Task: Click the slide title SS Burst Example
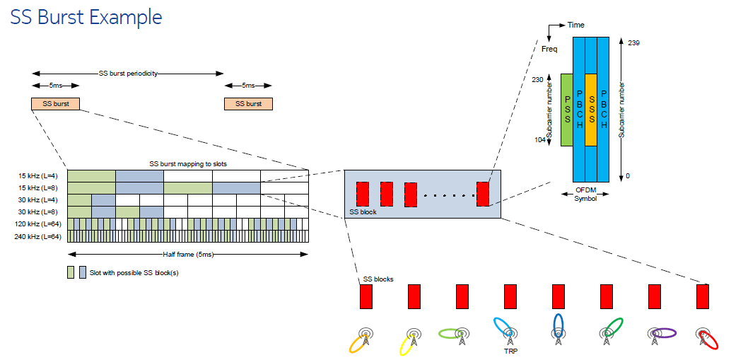pos(86,17)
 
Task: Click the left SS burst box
pos(55,104)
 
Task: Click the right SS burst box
pos(248,104)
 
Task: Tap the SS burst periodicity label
pos(128,73)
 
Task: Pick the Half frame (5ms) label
pos(189,254)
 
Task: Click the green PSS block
pos(566,110)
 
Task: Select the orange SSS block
pos(591,110)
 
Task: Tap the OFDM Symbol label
pos(585,194)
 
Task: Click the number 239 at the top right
pos(633,43)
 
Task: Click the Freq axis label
pos(549,50)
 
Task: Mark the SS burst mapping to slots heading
pos(188,164)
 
